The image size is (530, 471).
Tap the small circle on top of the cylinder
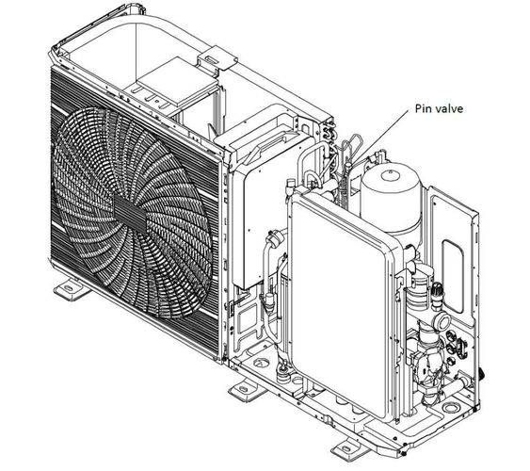tap(391, 175)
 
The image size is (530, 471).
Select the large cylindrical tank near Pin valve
tap(392, 199)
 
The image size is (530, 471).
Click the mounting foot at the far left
tap(71, 289)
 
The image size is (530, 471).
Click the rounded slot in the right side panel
tap(453, 276)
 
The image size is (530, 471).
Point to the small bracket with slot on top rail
tap(217, 58)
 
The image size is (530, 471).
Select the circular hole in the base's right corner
tap(450, 408)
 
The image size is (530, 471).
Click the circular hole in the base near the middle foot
tap(259, 363)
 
